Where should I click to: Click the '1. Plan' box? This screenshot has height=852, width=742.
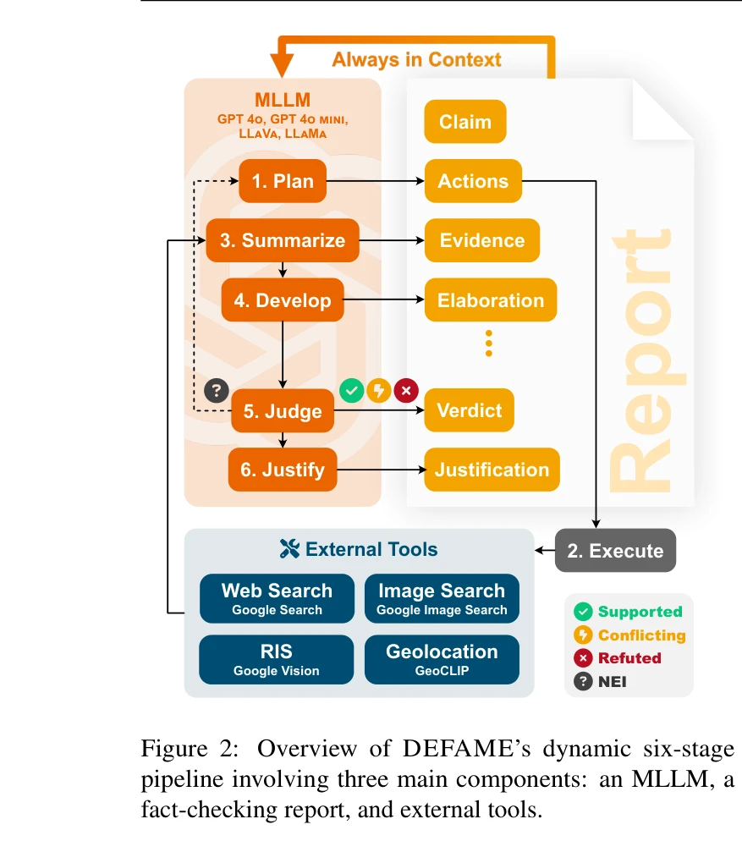[283, 181]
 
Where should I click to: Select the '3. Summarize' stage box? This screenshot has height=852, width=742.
[283, 240]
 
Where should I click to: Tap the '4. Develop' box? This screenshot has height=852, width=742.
[283, 300]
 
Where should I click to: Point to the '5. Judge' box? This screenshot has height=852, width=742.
[283, 411]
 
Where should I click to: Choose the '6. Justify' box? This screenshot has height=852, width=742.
[283, 470]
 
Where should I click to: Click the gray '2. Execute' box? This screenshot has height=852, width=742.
[615, 551]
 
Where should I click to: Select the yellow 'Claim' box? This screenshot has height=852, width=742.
[464, 122]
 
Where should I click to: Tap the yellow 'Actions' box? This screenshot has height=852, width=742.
[473, 181]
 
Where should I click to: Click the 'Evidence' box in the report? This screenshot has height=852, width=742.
[481, 240]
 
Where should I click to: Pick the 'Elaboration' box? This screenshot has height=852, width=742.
[491, 300]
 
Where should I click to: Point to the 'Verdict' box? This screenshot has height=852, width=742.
[469, 410]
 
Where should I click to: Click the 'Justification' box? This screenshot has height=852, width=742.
[492, 470]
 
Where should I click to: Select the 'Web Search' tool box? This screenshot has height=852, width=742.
[277, 598]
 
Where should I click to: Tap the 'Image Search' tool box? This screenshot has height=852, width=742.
[442, 598]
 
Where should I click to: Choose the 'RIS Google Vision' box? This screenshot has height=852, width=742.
[277, 659]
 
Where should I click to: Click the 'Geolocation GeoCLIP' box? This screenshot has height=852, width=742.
[442, 659]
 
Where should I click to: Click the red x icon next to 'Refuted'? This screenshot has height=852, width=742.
[583, 658]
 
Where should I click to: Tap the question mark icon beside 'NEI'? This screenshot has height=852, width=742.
[583, 681]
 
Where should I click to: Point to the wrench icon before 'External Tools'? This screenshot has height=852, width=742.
[289, 549]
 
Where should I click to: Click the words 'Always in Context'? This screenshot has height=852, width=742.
[416, 59]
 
